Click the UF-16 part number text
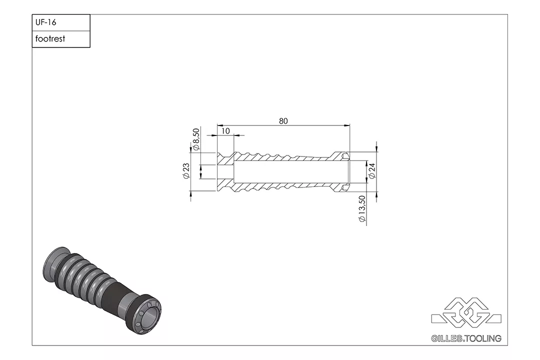(x=46, y=22)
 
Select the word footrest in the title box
(x=50, y=39)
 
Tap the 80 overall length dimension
(x=283, y=121)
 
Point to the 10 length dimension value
(x=225, y=131)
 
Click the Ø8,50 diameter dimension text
(x=196, y=139)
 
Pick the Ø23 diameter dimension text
(x=186, y=171)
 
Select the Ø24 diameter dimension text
(x=372, y=171)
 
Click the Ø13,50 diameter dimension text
(x=361, y=209)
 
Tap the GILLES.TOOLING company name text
(x=466, y=338)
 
